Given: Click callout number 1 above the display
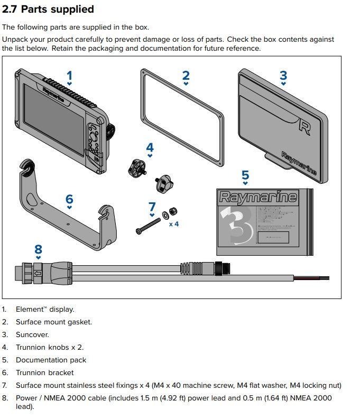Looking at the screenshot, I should (x=69, y=75).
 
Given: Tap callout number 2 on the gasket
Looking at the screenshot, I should (x=186, y=75).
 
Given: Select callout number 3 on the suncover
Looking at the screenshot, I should (x=283, y=75).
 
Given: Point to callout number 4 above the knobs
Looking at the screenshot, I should (x=150, y=147).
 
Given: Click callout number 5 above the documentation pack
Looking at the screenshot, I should (x=245, y=175).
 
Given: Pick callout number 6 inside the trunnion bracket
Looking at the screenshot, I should (x=69, y=199).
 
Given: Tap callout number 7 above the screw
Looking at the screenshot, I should (x=152, y=206).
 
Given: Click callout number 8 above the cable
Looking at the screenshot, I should (x=38, y=249).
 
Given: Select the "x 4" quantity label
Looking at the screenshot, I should (x=174, y=224).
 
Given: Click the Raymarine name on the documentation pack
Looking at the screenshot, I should (x=258, y=198).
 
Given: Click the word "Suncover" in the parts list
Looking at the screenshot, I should (x=32, y=334).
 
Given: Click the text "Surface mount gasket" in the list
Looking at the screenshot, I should (x=53, y=322).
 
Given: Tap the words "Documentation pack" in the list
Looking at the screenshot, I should (x=51, y=360).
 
